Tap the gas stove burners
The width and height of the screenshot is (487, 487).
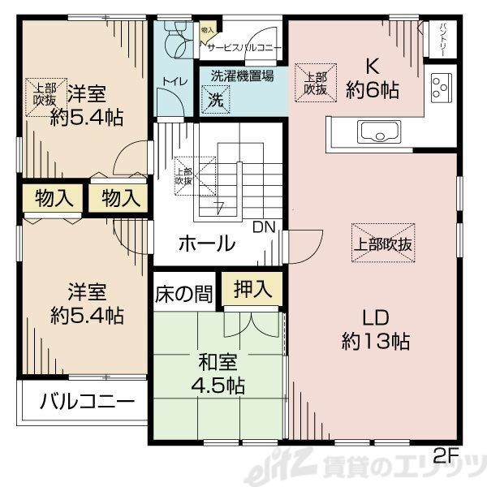tap(442, 88)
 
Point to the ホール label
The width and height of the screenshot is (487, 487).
tap(206, 243)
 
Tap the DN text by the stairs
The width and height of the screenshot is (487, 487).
tap(263, 226)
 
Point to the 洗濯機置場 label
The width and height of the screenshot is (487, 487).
tap(242, 76)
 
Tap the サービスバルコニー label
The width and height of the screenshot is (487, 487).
tap(243, 48)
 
